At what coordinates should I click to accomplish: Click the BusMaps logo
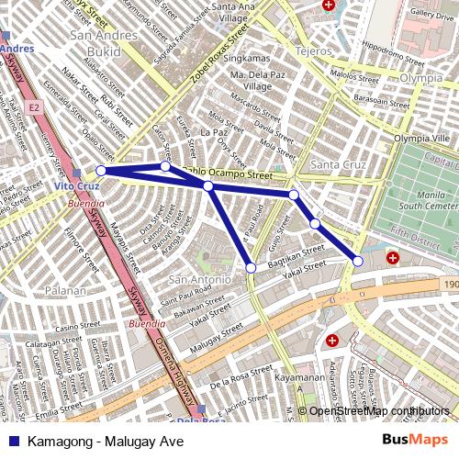coord(415,440)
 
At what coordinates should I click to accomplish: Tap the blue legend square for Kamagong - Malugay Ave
coord(14,441)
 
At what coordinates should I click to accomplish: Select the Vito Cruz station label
coord(75,186)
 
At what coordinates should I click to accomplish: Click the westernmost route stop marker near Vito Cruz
coord(101,170)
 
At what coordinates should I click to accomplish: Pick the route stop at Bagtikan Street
coord(252,268)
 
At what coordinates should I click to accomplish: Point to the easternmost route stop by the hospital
coord(358,262)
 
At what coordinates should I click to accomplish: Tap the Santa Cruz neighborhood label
coord(338,165)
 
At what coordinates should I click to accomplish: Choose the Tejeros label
coord(312,52)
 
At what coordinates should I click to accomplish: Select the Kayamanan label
coord(299,377)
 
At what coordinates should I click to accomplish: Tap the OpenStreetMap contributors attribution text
coord(378,411)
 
